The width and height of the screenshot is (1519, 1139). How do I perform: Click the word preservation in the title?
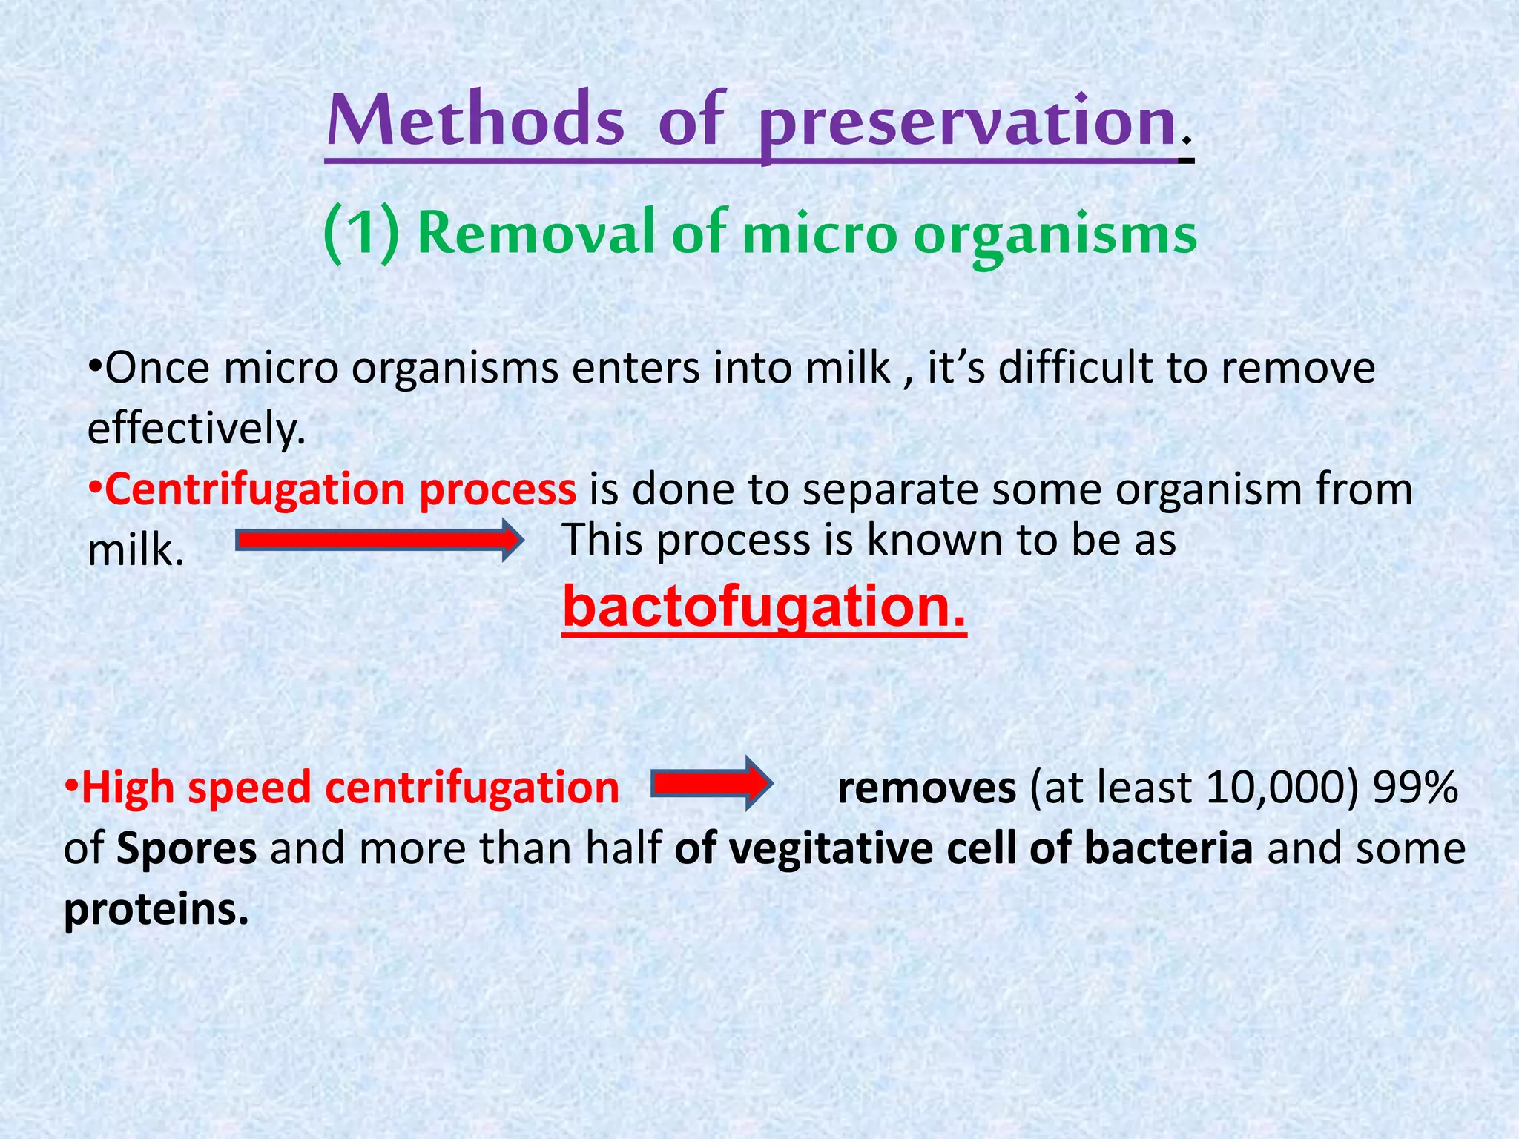pyautogui.click(x=968, y=125)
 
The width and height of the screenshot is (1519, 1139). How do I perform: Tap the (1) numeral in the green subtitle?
pyautogui.click(x=362, y=234)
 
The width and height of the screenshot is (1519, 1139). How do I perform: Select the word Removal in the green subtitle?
pyautogui.click(x=536, y=232)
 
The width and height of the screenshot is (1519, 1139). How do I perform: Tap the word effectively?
pyautogui.click(x=197, y=429)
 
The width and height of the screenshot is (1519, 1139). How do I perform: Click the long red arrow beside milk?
pyautogui.click(x=379, y=541)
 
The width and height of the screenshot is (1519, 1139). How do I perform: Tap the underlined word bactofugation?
pyautogui.click(x=765, y=607)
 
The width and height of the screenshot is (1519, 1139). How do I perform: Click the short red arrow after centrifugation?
pyautogui.click(x=712, y=783)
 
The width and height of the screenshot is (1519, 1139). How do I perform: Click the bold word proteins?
pyautogui.click(x=156, y=909)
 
